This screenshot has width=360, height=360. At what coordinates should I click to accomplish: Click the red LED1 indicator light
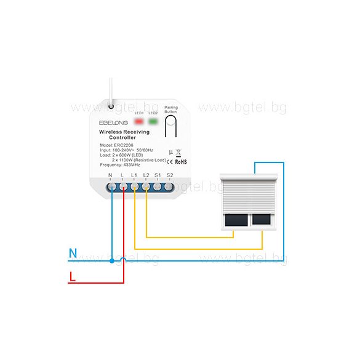pos(138,121)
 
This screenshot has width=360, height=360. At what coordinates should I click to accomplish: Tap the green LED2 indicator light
pos(153,121)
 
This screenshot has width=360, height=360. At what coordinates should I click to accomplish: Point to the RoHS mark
pos(180,162)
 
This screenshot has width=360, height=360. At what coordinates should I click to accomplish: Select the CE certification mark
pos(170,162)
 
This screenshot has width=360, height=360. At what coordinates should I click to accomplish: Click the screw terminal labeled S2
pos(170,186)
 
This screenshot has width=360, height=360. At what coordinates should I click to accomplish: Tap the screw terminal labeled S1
pos(158,186)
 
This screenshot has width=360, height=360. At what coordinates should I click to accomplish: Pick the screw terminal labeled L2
pos(146,186)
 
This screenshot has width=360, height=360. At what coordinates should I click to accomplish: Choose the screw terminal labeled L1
pos(135,186)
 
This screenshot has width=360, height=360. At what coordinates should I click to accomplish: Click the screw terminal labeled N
pos(111,186)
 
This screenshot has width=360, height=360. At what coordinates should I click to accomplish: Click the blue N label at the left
pos(73,252)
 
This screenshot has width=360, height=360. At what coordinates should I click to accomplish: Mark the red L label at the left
pos(73,278)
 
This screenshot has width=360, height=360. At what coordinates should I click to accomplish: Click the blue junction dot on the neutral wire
pos(111,261)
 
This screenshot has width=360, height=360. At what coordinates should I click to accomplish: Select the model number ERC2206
pos(124,145)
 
